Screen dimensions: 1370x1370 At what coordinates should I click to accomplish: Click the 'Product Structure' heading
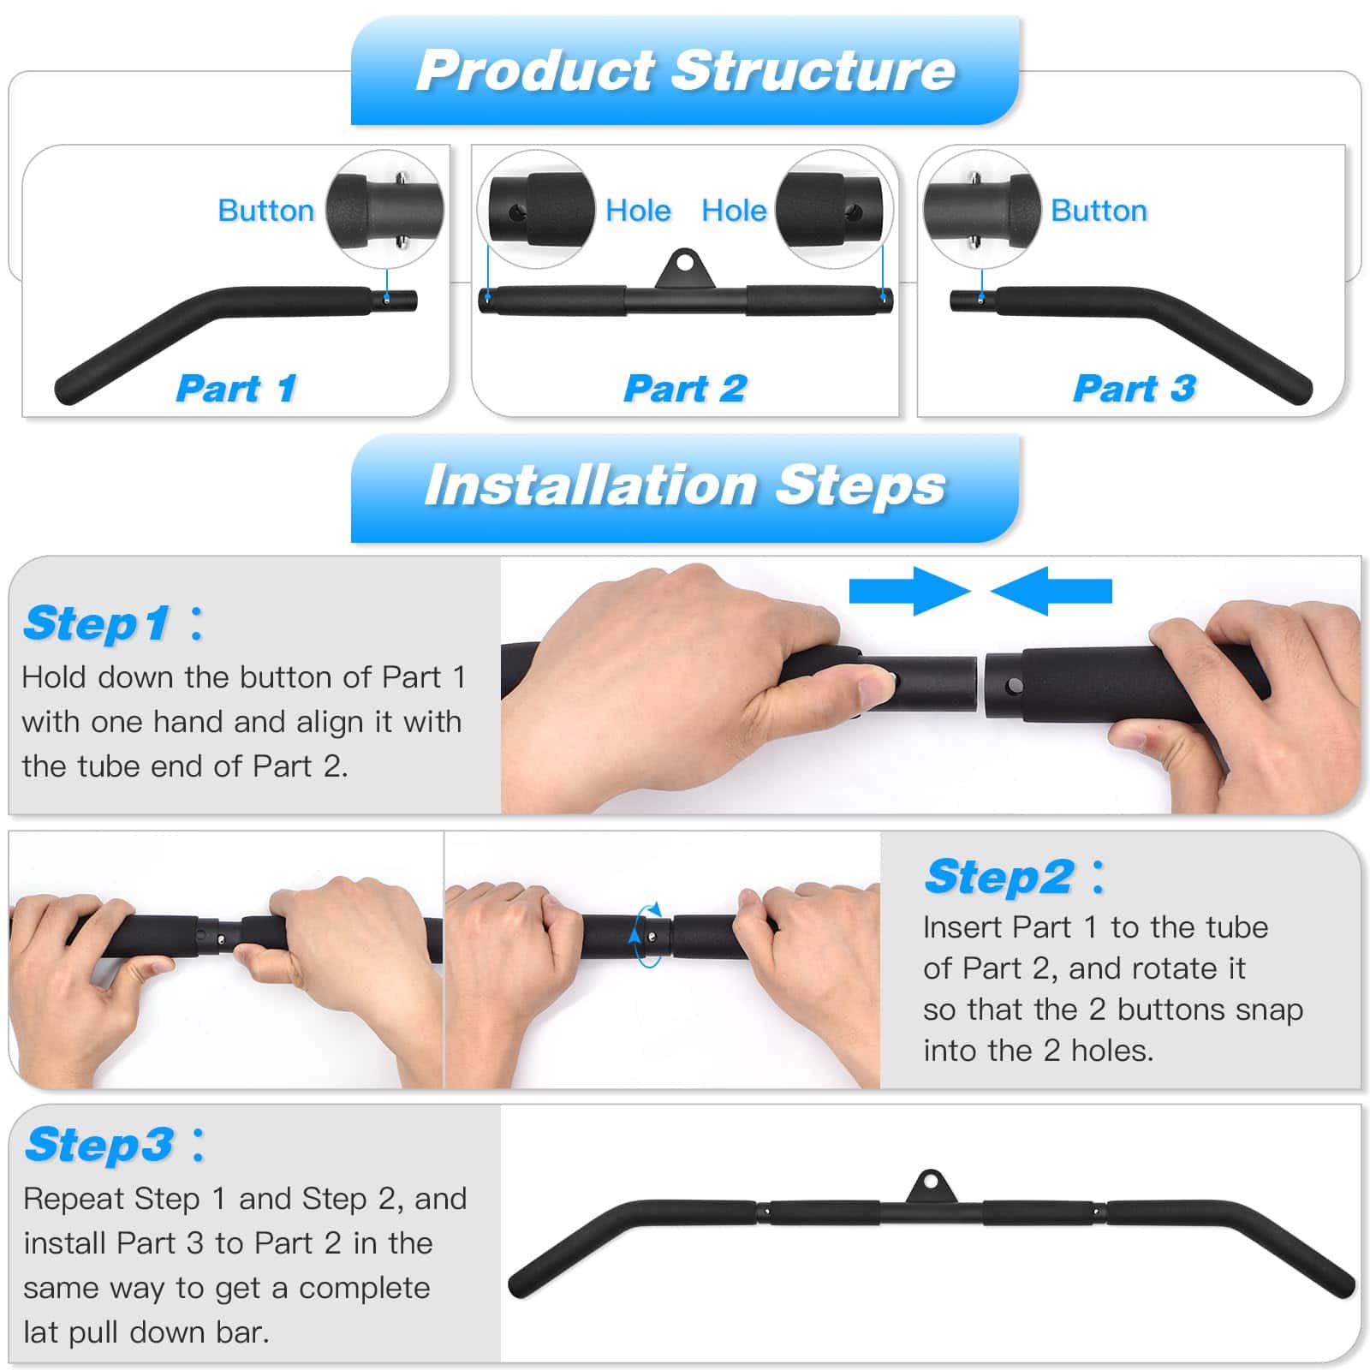[685, 70]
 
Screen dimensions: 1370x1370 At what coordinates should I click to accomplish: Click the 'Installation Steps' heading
[685, 485]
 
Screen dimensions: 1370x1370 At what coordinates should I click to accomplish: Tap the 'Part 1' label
[236, 388]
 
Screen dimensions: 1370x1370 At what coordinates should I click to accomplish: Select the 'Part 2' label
[685, 388]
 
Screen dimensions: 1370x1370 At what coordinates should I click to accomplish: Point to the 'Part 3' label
[1135, 388]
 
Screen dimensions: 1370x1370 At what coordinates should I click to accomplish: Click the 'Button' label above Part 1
[266, 211]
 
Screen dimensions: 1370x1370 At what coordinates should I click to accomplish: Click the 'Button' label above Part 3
[1099, 211]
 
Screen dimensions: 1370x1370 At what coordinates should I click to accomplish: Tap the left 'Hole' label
[638, 211]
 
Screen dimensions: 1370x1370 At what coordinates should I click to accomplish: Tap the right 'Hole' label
[734, 211]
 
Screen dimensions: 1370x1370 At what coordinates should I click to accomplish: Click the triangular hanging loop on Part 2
[684, 269]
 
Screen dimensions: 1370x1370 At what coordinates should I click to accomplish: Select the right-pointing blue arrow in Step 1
[909, 591]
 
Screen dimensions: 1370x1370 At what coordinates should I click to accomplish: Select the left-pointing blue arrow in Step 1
[1051, 591]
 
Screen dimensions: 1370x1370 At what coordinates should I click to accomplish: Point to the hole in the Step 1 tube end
[1015, 686]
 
